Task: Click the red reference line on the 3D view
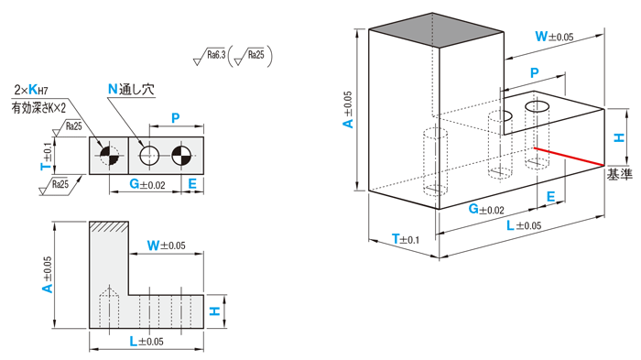coord(569,157)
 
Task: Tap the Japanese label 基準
coord(619,175)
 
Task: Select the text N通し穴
coord(131,90)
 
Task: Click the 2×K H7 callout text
coord(31,90)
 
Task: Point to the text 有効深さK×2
coord(38,107)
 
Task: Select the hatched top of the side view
coord(109,226)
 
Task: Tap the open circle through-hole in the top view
coord(149,156)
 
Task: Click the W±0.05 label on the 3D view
coord(554,37)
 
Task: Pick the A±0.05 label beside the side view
coord(48,275)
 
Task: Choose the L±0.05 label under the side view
coord(147,341)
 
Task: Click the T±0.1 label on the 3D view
coord(406,239)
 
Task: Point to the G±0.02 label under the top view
coord(147,184)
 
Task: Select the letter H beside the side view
coord(215,311)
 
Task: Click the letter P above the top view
coord(176,118)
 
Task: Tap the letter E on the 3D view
coord(550,197)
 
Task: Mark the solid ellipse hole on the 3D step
coord(537,106)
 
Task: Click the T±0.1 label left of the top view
coord(47,156)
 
